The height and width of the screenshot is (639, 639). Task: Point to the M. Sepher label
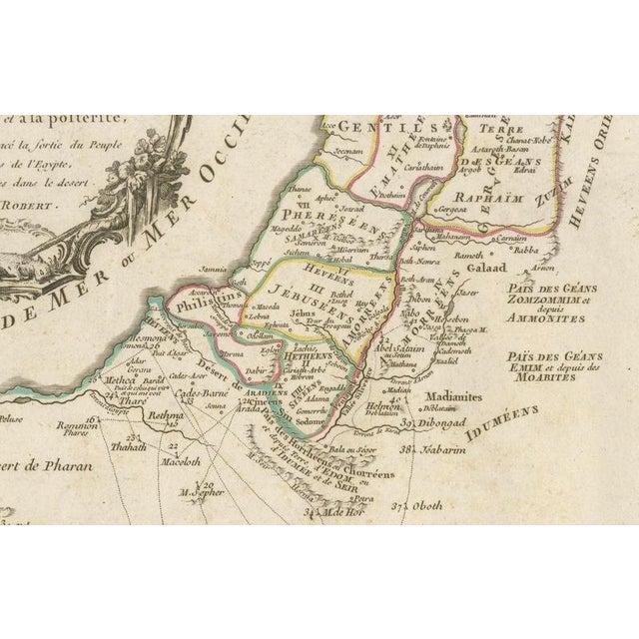(x=199, y=491)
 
